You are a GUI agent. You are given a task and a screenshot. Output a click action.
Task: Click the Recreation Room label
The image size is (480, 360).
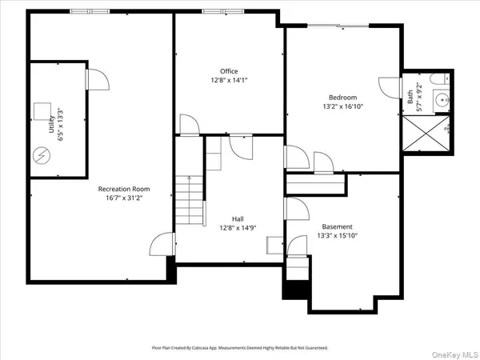click(124, 189)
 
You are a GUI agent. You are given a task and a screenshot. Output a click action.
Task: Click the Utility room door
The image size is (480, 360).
click(94, 79)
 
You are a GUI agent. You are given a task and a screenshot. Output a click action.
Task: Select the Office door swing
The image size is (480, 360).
click(189, 124)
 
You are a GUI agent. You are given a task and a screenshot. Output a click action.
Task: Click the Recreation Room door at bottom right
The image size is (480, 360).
click(162, 243)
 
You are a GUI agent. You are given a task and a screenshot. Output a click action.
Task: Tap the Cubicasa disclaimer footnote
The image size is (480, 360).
click(240, 348)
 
